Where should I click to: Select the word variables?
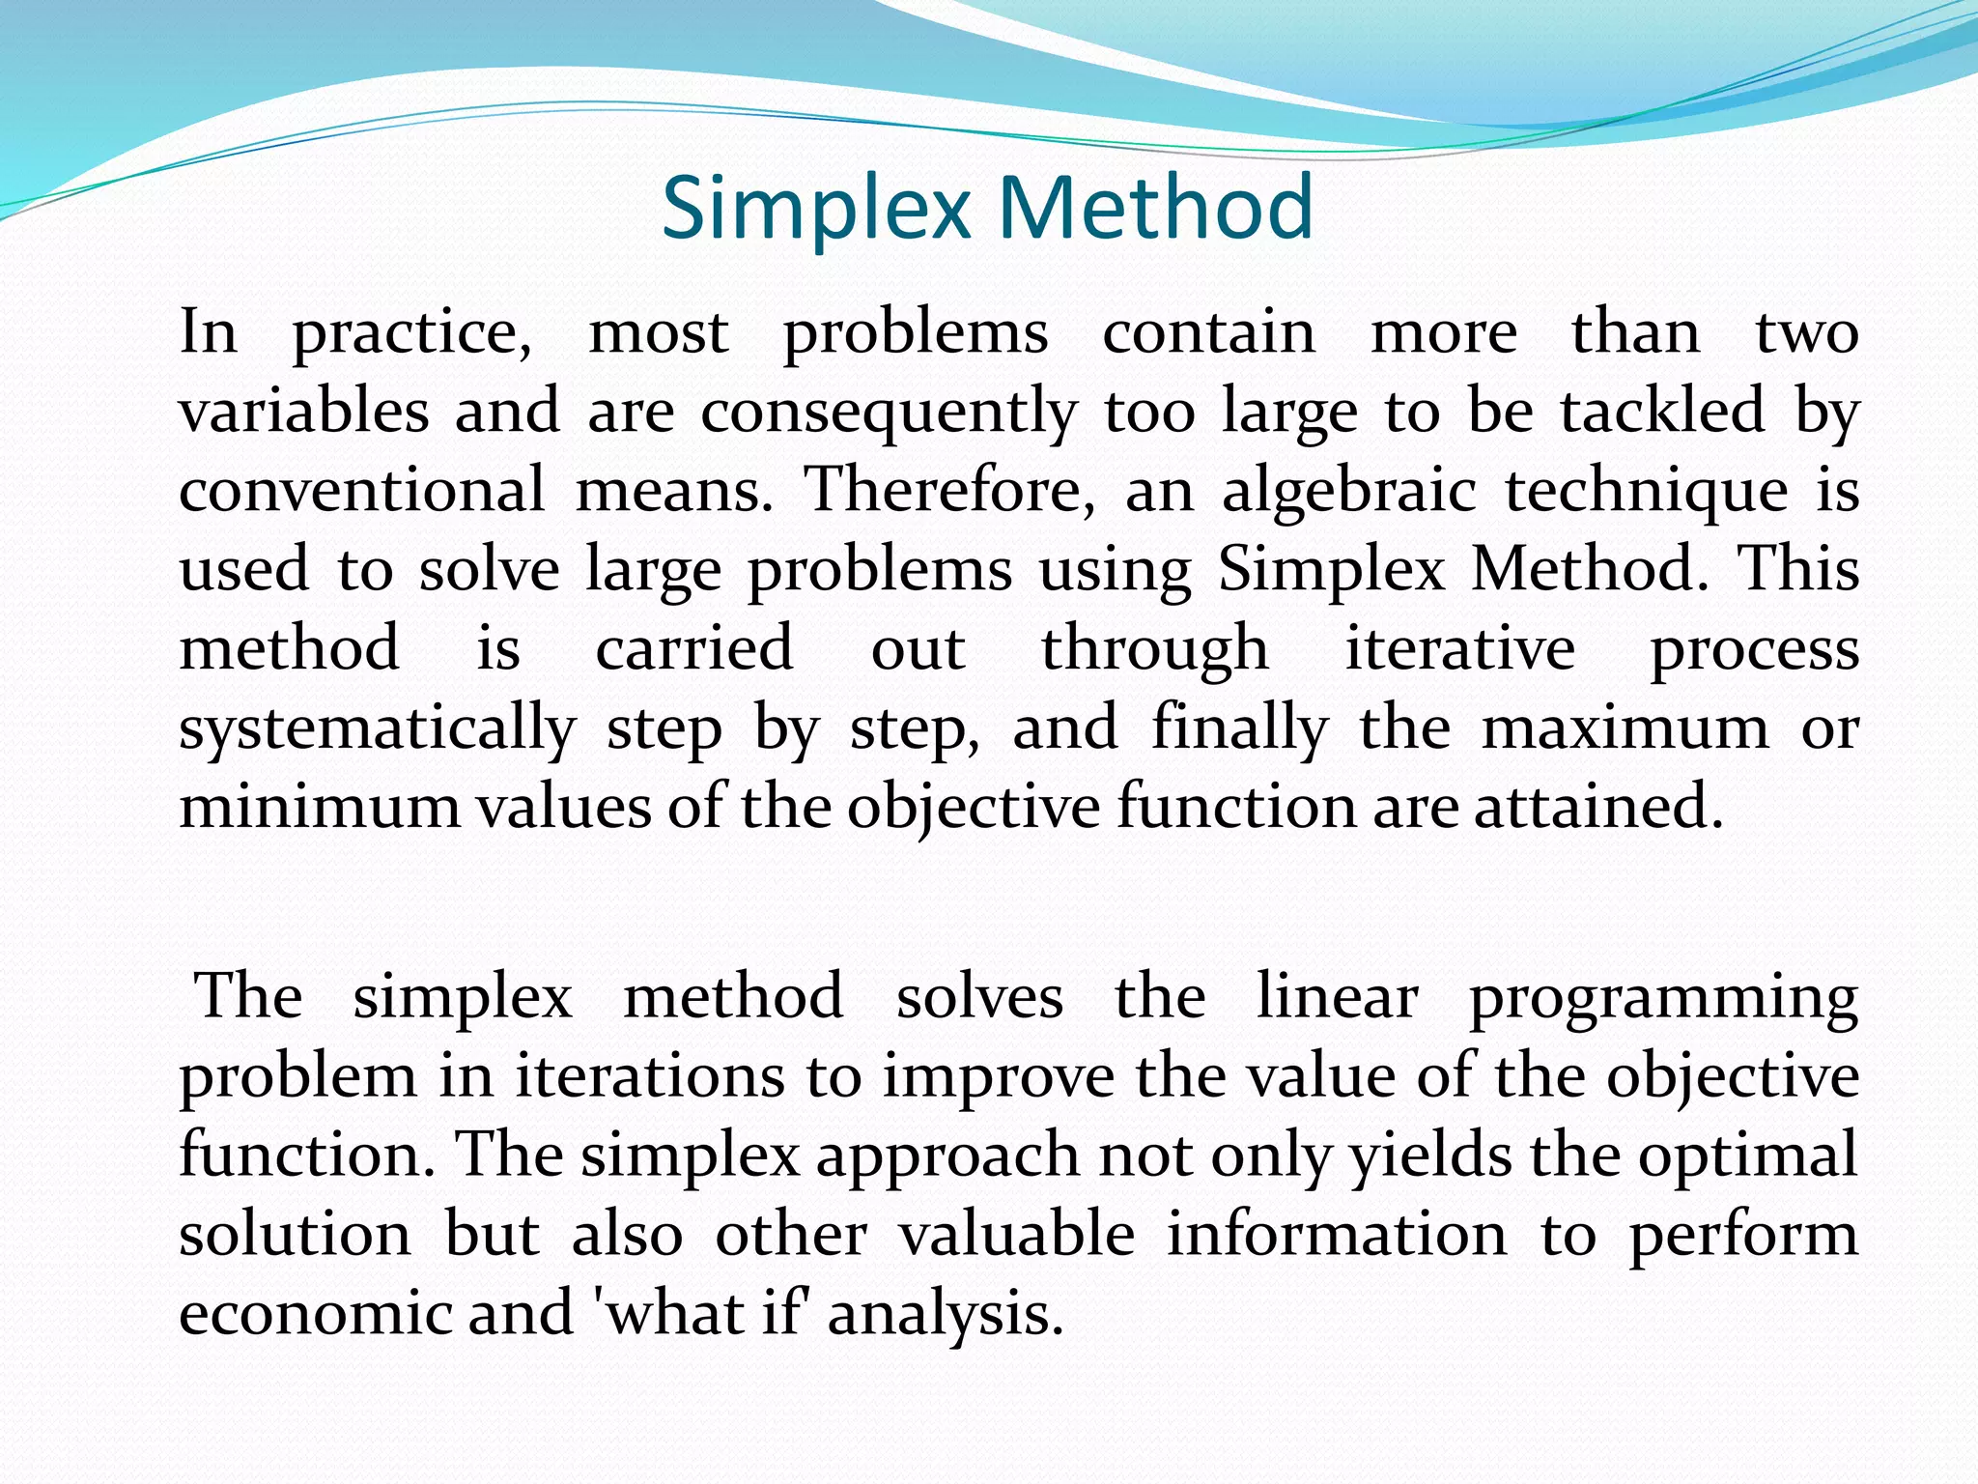[x=304, y=411]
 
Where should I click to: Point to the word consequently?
[x=889, y=413]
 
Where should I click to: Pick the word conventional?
[x=362, y=490]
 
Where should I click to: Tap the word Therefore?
[x=951, y=490]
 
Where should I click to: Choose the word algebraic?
[x=1349, y=492]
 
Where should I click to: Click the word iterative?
[x=1460, y=648]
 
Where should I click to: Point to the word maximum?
[x=1625, y=728]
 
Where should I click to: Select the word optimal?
[x=1747, y=1156]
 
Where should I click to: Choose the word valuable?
[x=1017, y=1234]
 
